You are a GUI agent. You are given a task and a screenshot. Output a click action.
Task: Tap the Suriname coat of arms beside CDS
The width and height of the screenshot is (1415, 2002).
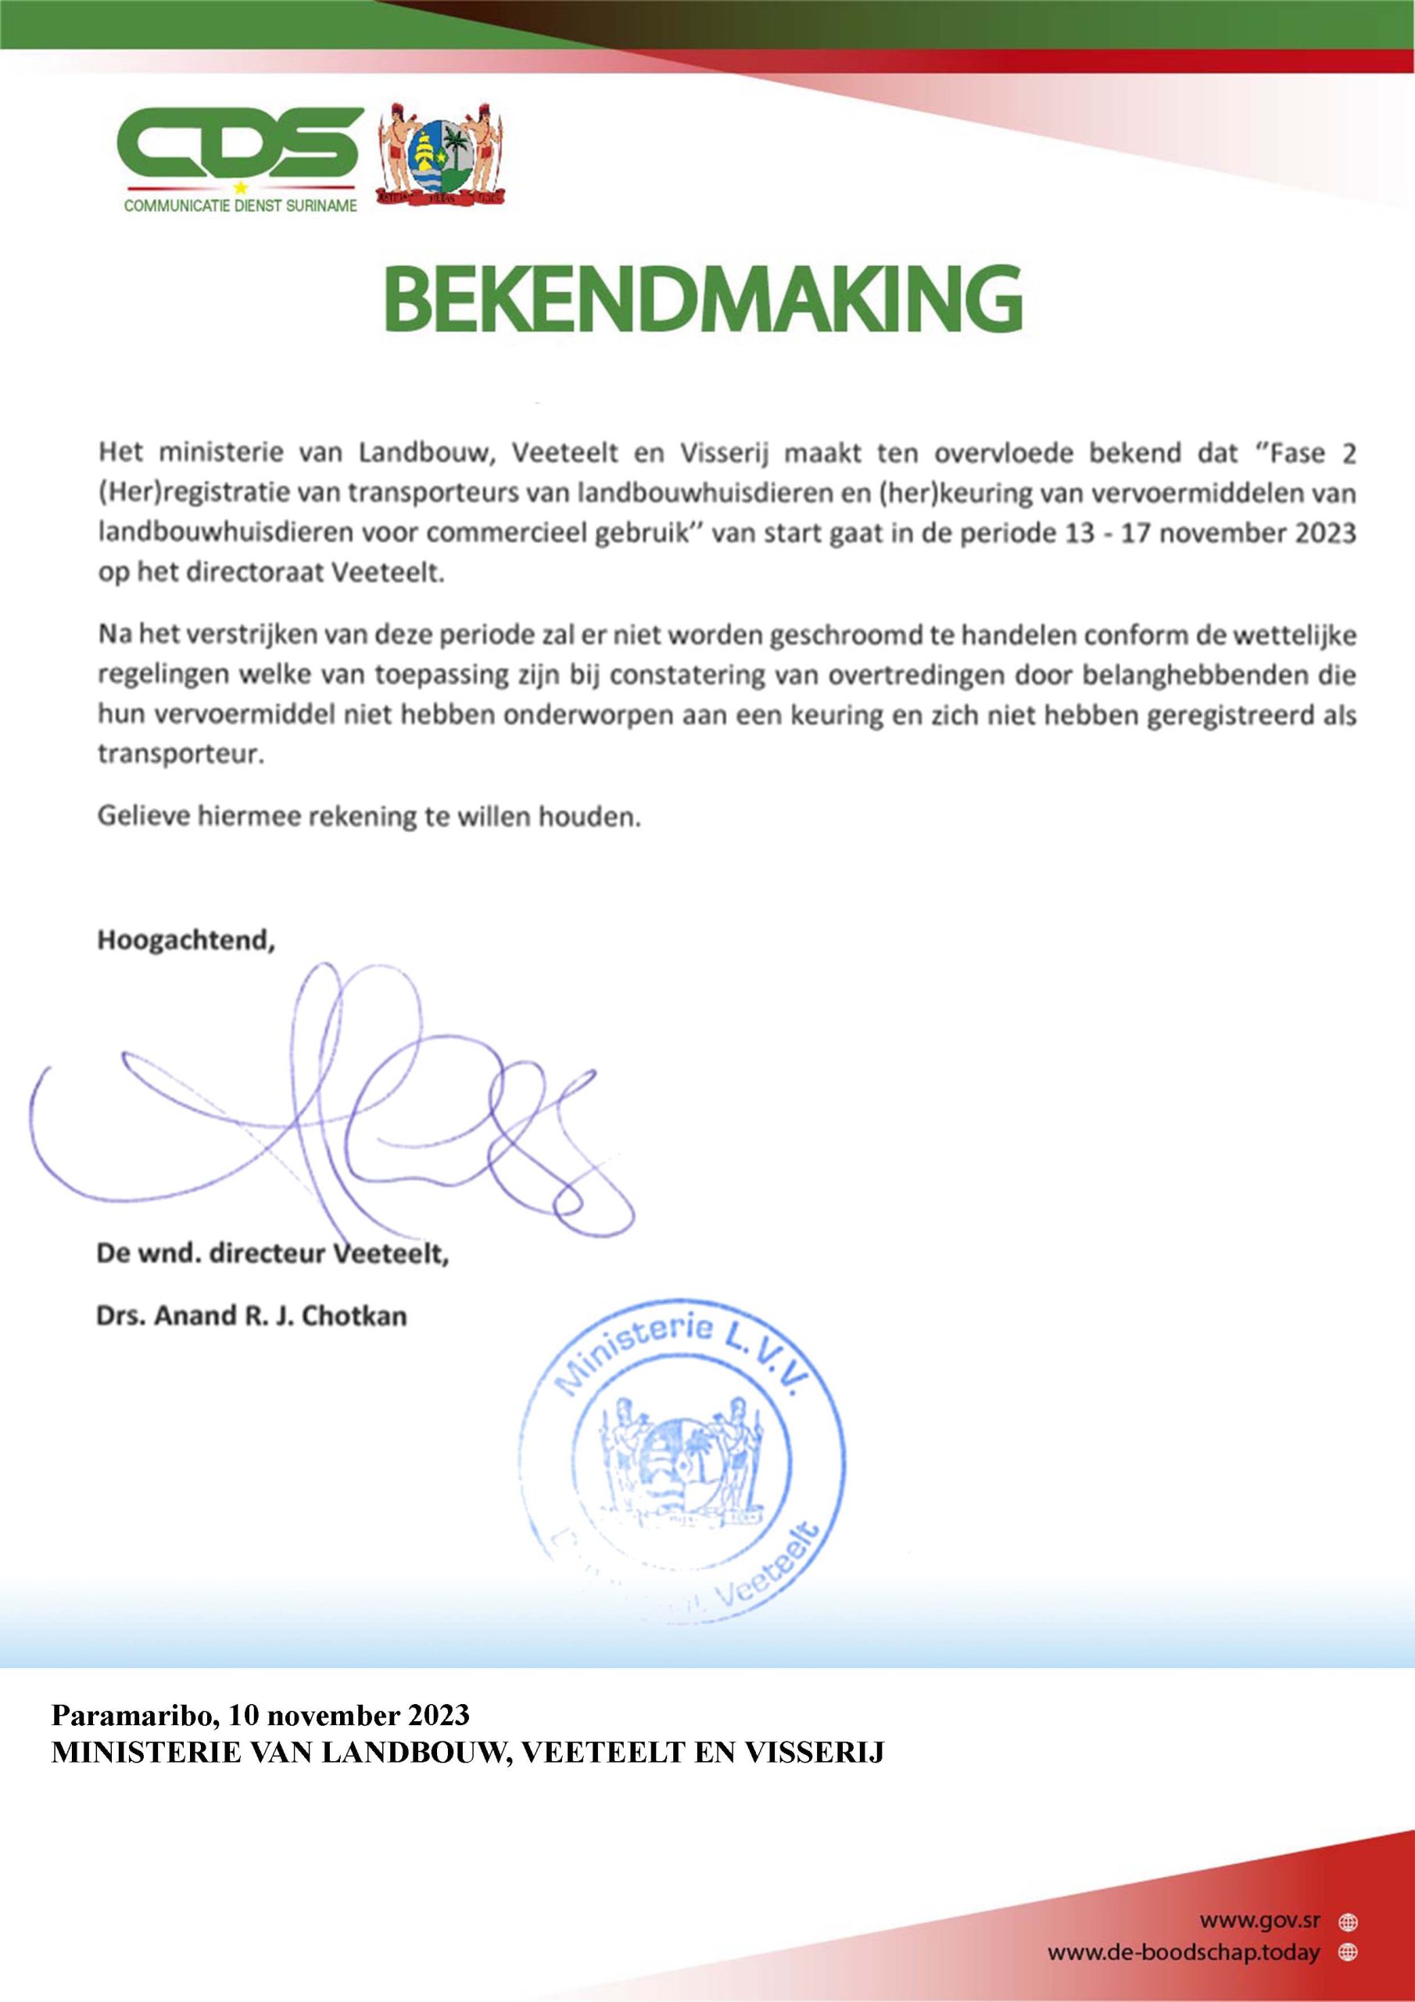pyautogui.click(x=444, y=155)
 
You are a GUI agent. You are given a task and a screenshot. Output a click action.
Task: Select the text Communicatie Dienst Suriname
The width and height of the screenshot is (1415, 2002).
pyautogui.click(x=241, y=207)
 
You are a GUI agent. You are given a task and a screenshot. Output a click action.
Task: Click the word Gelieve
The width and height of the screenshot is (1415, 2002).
pyautogui.click(x=143, y=816)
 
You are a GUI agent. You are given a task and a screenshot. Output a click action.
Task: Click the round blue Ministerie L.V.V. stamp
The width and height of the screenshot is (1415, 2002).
pyautogui.click(x=682, y=1456)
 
